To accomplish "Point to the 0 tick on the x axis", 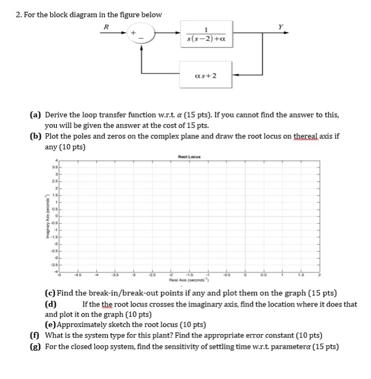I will click(245, 275).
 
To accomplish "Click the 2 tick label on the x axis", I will click(319, 275).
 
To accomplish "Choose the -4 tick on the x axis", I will click(97, 275).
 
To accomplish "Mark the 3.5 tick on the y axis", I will click(54, 168).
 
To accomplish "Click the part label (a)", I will click(36, 115).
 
